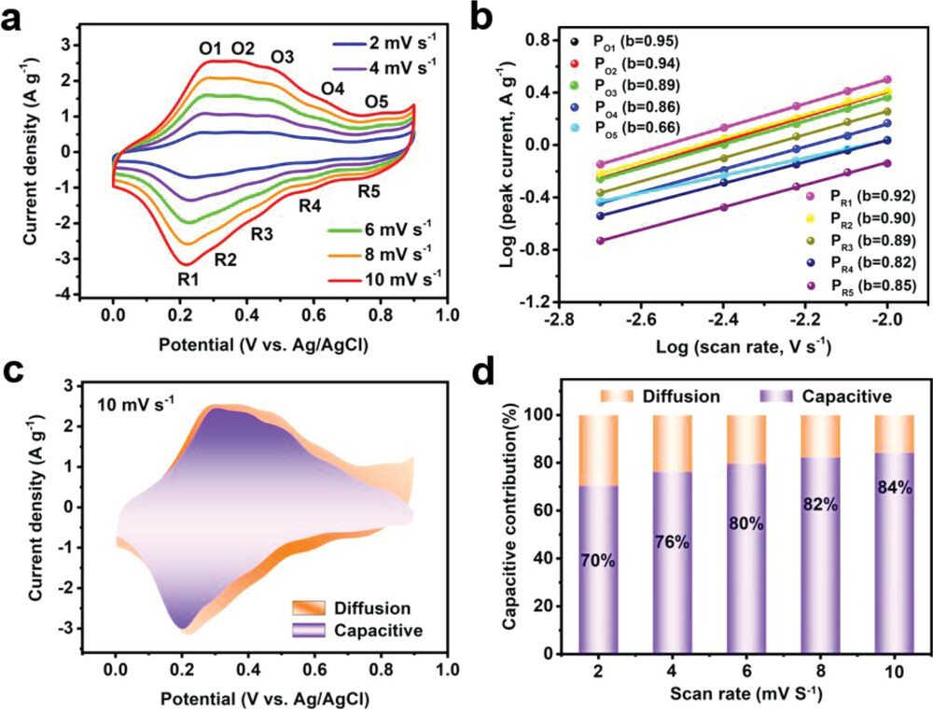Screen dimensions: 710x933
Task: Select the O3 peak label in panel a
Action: point(283,58)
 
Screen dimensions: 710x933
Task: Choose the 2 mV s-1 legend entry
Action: point(384,44)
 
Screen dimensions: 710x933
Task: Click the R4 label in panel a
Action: point(311,204)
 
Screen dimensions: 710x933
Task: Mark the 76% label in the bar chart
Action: point(672,543)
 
